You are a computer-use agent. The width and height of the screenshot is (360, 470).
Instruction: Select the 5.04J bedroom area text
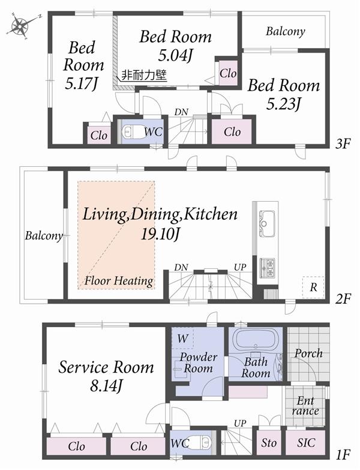[x=175, y=57]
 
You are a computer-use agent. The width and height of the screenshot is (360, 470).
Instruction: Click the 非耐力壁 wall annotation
[x=144, y=76]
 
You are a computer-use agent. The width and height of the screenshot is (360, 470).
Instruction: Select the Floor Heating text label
[x=119, y=280]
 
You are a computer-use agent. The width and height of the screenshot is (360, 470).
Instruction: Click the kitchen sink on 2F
[x=266, y=223]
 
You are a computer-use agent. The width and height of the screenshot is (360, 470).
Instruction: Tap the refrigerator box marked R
[x=313, y=286]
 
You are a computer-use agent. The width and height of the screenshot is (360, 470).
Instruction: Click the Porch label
[x=309, y=354]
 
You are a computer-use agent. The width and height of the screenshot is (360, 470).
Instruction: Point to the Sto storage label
[x=268, y=444]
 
